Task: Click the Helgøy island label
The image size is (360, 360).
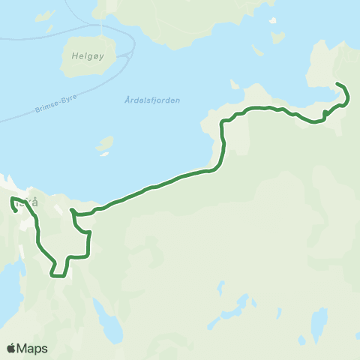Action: point(79,55)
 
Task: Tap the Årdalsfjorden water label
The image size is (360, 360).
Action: point(150,101)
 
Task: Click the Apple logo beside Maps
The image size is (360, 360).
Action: point(11,348)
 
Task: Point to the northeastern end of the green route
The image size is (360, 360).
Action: point(337,83)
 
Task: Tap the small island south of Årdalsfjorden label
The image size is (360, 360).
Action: point(105,143)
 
